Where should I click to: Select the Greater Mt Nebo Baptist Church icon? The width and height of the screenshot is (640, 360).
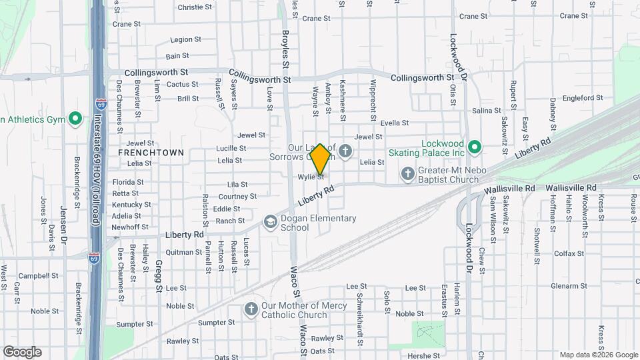click(408, 174)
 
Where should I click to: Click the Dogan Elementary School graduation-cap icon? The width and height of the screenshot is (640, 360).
click(270, 221)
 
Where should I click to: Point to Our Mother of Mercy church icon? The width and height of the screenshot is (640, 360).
click(251, 309)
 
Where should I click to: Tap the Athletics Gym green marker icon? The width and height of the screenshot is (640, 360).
click(75, 119)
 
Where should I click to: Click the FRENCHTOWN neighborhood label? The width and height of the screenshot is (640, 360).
click(151, 153)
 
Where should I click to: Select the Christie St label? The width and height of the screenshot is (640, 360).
click(195, 7)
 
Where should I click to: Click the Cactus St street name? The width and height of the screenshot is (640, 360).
click(183, 85)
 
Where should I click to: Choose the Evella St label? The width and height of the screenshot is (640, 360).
click(394, 123)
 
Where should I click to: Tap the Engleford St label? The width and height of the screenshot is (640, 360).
click(583, 98)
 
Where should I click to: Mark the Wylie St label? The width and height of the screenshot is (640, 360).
click(311, 177)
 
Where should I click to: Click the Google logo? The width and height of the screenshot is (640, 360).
click(22, 352)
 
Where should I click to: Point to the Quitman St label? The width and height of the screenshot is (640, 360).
click(183, 252)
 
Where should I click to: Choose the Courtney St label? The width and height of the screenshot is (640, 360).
click(238, 197)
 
